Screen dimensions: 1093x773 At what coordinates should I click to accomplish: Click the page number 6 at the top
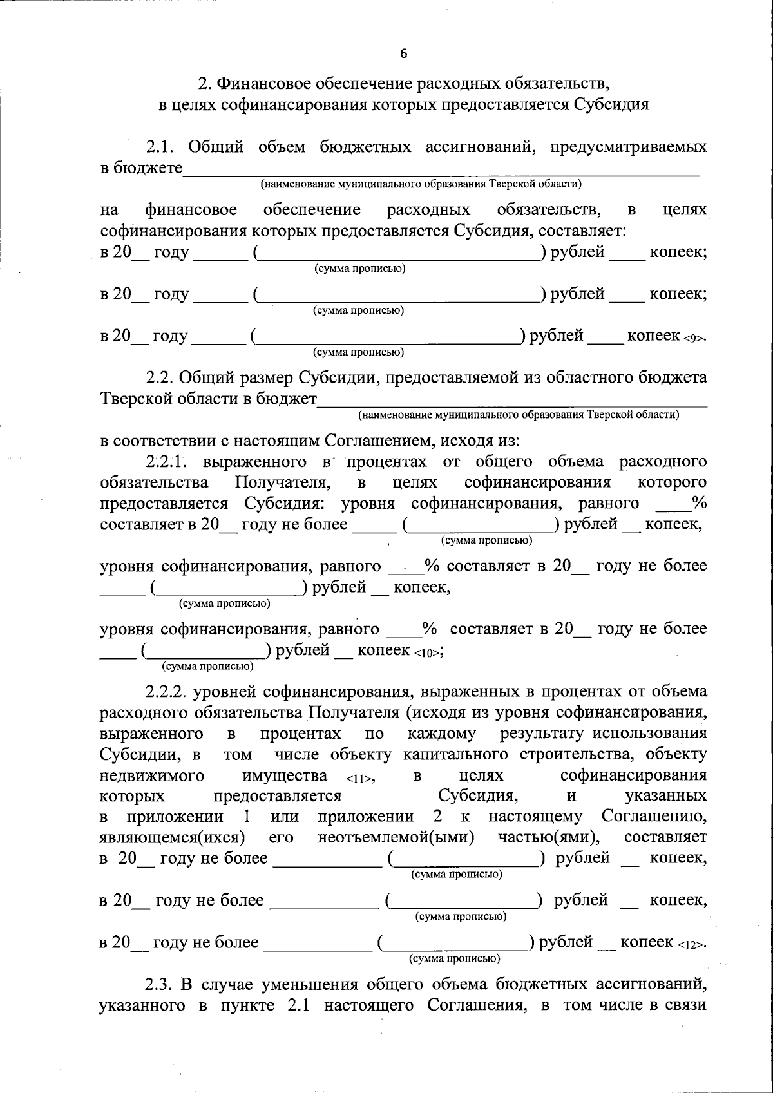point(404,54)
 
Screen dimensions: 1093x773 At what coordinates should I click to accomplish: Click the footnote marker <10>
point(427,652)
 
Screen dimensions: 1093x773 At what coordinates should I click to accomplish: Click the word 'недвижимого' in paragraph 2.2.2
point(153,775)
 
